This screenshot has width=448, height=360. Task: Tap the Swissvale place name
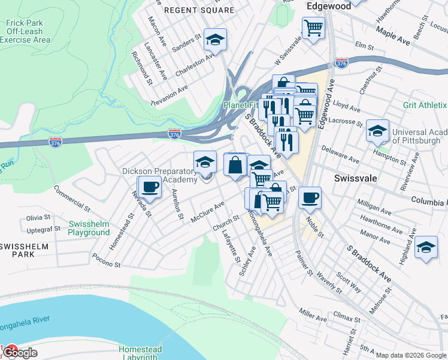pyautogui.click(x=353, y=179)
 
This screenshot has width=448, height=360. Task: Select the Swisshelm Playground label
pyautogui.click(x=89, y=228)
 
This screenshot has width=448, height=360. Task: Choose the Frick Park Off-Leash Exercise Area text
pyautogui.click(x=25, y=31)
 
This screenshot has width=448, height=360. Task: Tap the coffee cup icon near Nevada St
pyautogui.click(x=149, y=187)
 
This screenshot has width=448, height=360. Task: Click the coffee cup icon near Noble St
pyautogui.click(x=310, y=197)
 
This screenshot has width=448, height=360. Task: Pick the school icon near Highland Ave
pyautogui.click(x=425, y=247)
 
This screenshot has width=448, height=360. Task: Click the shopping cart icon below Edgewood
pyautogui.click(x=313, y=27)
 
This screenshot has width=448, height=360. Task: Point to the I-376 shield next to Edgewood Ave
pyautogui.click(x=341, y=63)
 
